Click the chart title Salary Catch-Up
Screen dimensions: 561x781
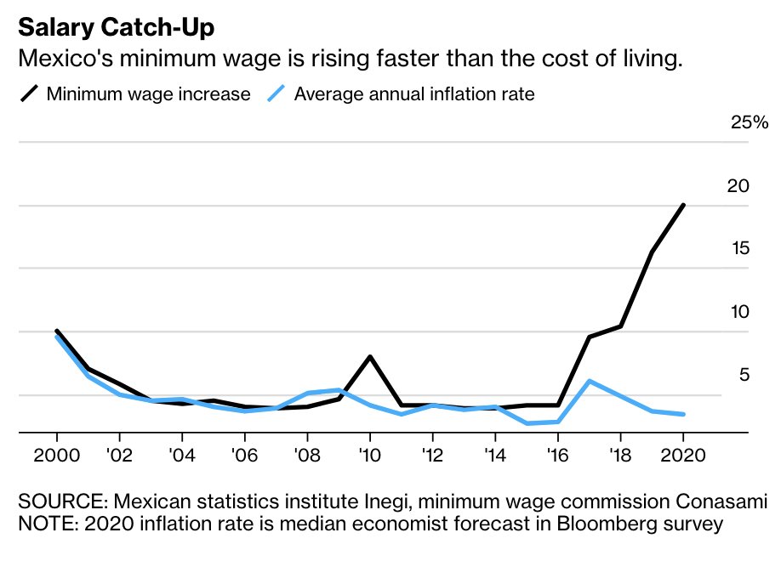pos(117,27)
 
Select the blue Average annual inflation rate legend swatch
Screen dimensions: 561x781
pos(276,93)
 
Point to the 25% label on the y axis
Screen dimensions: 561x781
pos(750,123)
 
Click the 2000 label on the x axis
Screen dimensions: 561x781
pos(56,453)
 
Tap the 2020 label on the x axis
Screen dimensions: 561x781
pos(683,453)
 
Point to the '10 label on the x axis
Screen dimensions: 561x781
pos(369,453)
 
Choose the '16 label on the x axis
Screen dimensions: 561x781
pos(557,453)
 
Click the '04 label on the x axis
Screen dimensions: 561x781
pos(181,453)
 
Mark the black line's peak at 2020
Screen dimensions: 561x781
pos(683,205)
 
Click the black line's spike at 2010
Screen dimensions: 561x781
pos(369,356)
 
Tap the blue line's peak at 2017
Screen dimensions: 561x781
pos(589,381)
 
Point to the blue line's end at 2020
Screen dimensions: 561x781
pos(683,414)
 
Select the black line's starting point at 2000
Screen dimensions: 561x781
pos(56,331)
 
